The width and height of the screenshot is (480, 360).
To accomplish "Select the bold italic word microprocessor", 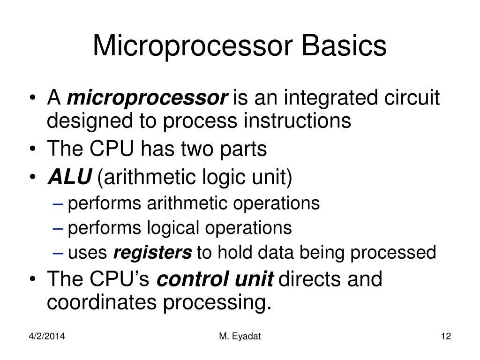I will (148, 99).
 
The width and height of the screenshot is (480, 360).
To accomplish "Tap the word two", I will (192, 150).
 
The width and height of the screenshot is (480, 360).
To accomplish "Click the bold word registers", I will (153, 253).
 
